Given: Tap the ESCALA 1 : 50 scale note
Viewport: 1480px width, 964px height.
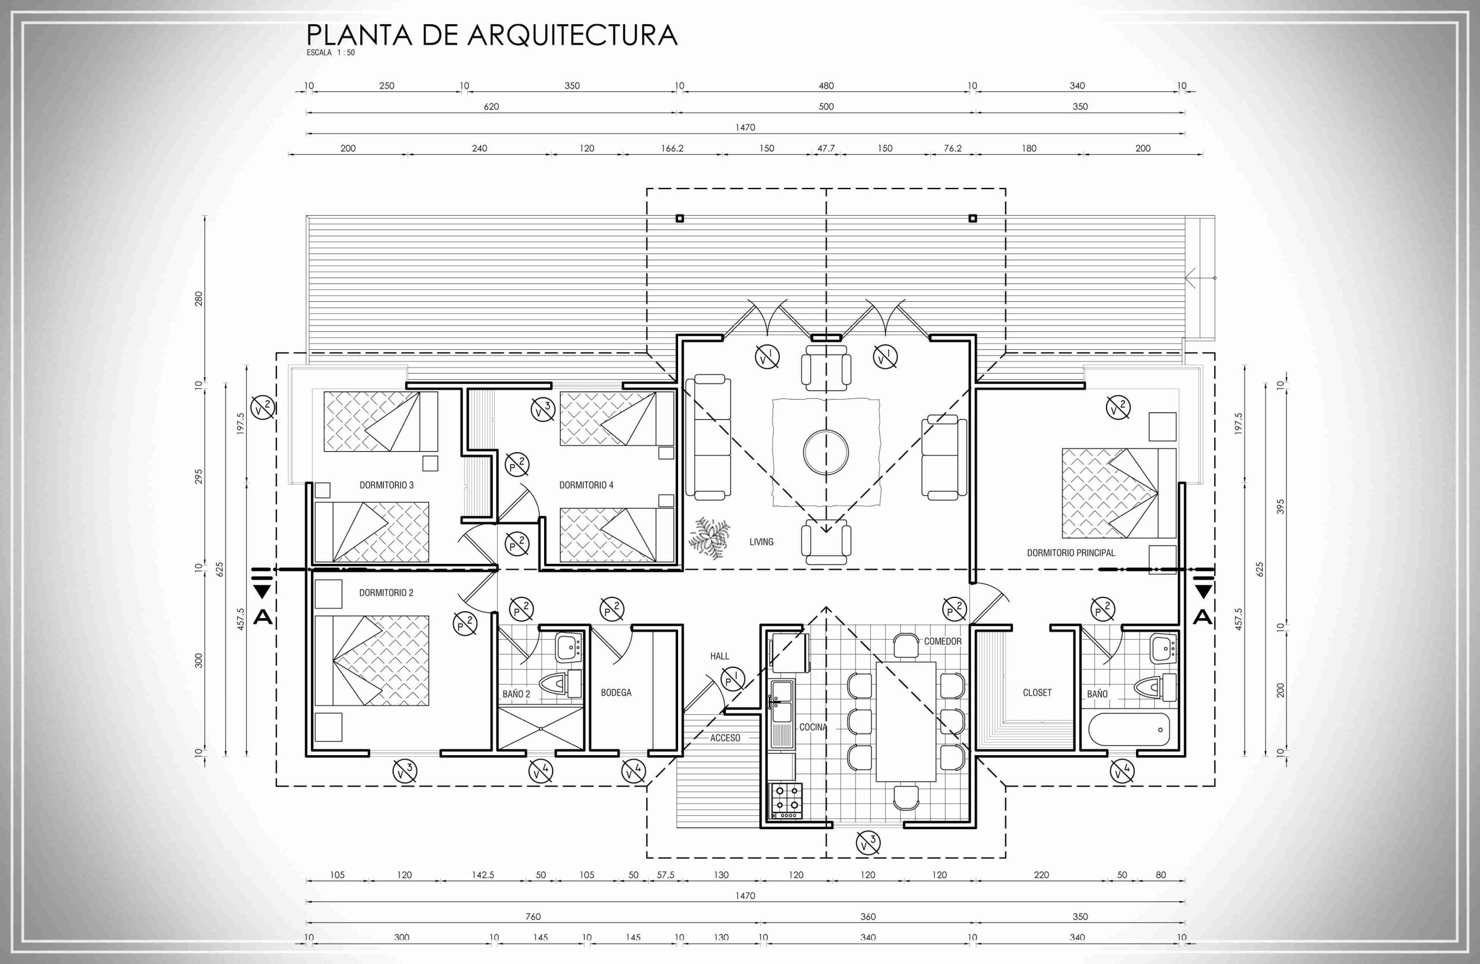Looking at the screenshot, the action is [330, 53].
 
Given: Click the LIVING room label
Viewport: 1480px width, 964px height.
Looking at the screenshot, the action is [761, 542].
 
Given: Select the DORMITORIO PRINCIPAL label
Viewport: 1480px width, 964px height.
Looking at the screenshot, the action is [1071, 552].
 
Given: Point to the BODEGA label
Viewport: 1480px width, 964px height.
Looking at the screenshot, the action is [616, 692].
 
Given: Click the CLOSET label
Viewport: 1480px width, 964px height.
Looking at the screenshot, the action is [1037, 692].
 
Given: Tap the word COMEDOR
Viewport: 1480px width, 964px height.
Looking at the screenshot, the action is [943, 641].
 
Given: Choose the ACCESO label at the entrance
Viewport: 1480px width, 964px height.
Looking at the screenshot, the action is [725, 738].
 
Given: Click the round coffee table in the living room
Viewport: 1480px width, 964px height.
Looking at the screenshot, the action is [826, 452].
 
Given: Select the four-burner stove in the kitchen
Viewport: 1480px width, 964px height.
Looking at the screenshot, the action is [787, 801].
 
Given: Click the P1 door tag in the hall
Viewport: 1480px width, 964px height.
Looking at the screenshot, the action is [732, 679].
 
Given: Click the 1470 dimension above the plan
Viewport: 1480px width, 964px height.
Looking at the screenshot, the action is [745, 127].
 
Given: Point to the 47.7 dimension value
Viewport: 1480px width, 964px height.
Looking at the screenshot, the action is [826, 148].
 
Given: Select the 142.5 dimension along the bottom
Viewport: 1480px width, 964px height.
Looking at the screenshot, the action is [483, 874].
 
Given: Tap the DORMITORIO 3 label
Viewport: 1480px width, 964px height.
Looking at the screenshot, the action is [386, 485].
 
